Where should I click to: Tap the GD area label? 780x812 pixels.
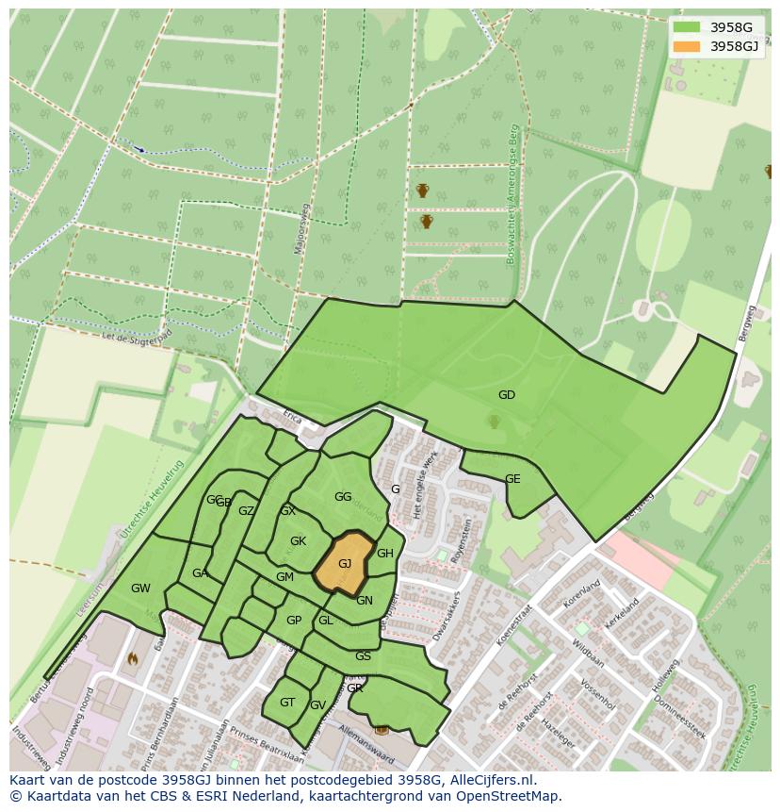point(507,395)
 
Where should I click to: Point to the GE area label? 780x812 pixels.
point(512,479)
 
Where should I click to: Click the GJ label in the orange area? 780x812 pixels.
point(345,564)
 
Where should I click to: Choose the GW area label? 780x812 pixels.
point(140,588)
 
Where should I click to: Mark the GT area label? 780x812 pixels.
point(287,703)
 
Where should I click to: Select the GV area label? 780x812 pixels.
point(317,705)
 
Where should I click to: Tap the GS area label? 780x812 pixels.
point(363,656)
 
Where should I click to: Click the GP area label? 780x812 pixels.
point(294,621)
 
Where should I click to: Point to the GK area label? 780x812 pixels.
point(298,541)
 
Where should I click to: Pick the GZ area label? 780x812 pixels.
point(246,511)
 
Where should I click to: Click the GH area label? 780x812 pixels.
point(384,554)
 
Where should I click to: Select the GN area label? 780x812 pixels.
point(365,601)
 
